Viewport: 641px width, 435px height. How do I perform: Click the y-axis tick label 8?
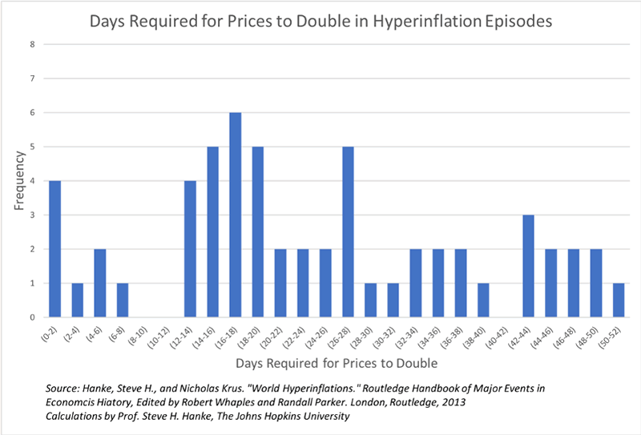click(x=32, y=44)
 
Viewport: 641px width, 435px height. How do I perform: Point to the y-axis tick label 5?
click(x=32, y=147)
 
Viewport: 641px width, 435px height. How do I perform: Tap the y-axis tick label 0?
click(x=32, y=317)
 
